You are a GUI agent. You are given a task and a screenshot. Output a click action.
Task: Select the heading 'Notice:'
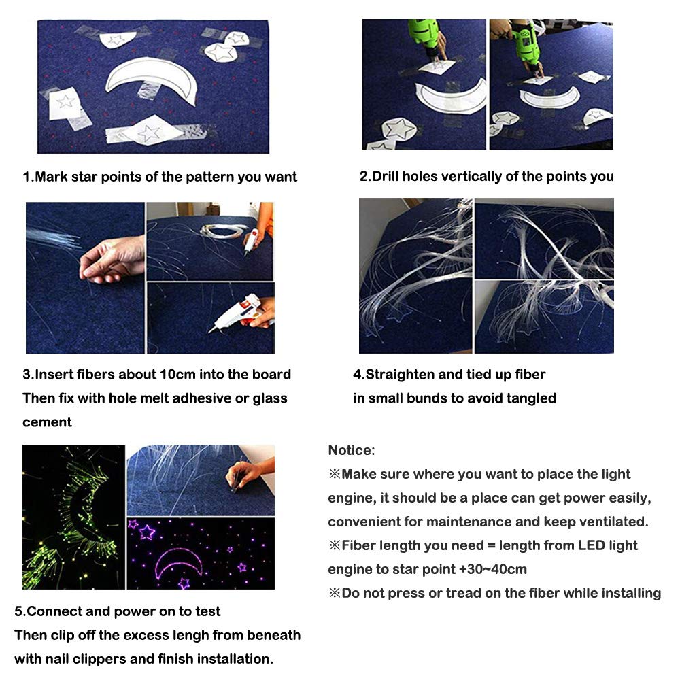click(351, 450)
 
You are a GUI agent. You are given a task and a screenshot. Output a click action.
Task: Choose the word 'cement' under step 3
click(47, 422)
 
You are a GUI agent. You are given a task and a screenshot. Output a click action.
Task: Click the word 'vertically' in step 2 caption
click(473, 177)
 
